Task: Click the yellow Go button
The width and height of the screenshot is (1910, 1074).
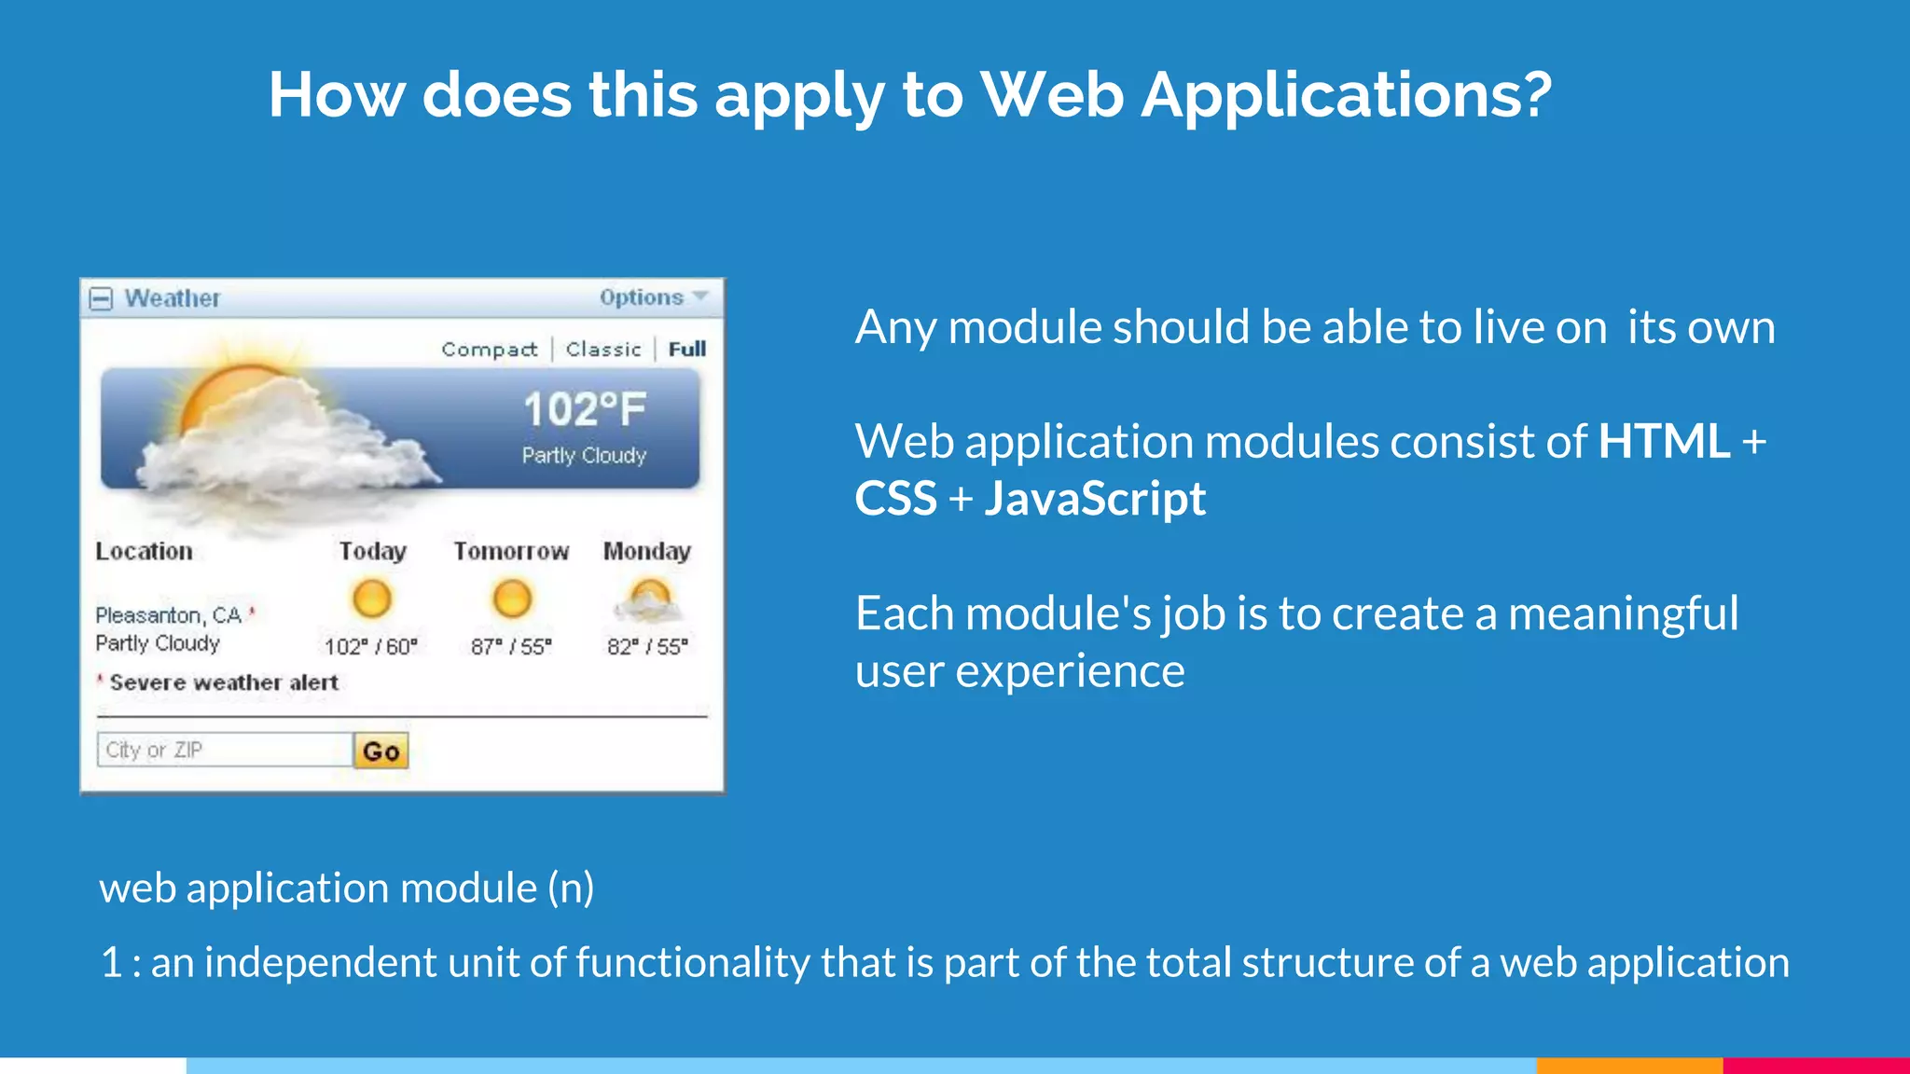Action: [x=381, y=750]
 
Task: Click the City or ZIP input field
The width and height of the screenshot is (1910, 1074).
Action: [x=224, y=750]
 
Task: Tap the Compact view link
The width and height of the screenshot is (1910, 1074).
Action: [x=490, y=350]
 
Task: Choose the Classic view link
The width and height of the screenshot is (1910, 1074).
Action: [x=603, y=350]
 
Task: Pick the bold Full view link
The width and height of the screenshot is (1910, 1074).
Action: [x=687, y=350]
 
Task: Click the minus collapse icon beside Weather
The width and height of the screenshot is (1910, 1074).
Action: [x=101, y=299]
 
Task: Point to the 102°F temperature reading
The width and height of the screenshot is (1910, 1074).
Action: [x=585, y=409]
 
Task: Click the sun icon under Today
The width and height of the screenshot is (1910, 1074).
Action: [x=371, y=599]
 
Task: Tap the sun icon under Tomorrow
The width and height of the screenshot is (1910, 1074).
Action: [x=511, y=599]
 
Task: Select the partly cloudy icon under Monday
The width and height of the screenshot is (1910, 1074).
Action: [x=648, y=601]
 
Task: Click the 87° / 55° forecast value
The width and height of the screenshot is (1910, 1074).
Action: [x=511, y=646]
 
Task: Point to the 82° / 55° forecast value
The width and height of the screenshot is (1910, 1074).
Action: [x=647, y=646]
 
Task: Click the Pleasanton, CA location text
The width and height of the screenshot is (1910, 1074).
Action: [x=168, y=615]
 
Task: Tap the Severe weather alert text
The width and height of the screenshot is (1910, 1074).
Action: [x=224, y=682]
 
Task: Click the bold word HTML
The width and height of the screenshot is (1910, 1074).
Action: [x=1664, y=441]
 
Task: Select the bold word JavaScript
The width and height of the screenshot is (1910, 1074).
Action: [x=1095, y=499]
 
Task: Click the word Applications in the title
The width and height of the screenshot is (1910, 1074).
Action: [x=1346, y=95]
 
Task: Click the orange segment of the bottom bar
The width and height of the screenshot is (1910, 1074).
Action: [x=1629, y=1065]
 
